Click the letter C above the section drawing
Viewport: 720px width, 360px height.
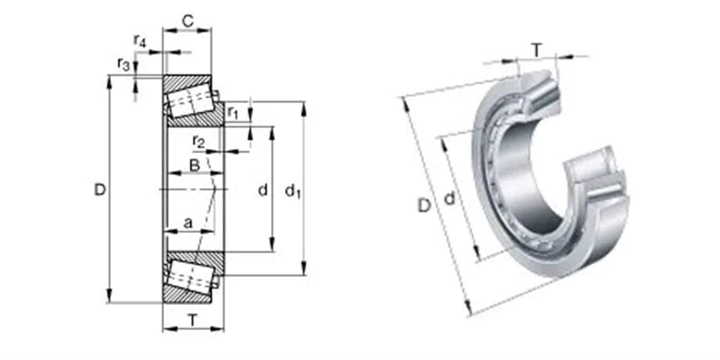[x=188, y=21]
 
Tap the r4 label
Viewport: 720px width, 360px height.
[x=139, y=41]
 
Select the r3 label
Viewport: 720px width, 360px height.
[x=123, y=64]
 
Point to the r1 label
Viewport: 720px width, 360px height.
[x=233, y=112]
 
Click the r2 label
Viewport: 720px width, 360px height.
[x=198, y=141]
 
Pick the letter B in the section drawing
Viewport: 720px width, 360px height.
[x=194, y=166]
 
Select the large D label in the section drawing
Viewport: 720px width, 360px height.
[x=99, y=191]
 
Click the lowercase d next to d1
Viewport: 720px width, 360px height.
[x=263, y=191]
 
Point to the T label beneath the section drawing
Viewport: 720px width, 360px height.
[x=192, y=320]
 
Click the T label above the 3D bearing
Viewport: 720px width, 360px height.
[x=537, y=49]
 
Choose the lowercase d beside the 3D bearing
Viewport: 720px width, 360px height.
[x=449, y=197]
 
